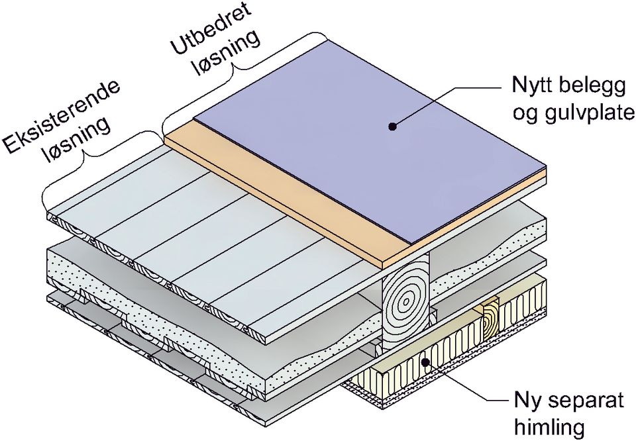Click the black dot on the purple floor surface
click(392, 125)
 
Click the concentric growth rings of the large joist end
click(405, 301)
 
